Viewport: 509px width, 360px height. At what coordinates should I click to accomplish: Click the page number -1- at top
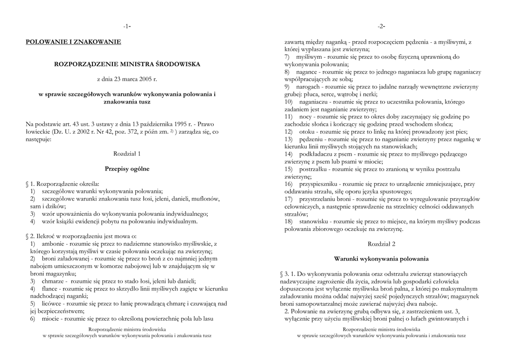(127, 26)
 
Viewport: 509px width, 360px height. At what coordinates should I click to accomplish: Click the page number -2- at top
(381, 26)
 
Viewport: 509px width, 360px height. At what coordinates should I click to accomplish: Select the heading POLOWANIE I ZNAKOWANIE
(74, 42)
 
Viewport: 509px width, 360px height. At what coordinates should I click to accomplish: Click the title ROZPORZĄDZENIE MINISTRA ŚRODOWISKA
(127, 64)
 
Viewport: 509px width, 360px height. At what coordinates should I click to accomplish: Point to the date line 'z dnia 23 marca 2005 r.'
(127, 79)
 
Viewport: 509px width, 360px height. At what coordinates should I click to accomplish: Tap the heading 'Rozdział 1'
(127, 154)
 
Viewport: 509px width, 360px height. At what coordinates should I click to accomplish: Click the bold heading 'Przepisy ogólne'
(127, 169)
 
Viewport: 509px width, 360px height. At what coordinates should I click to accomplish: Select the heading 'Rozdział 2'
(381, 244)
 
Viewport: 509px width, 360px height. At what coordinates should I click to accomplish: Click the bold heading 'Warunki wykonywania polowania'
(381, 259)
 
